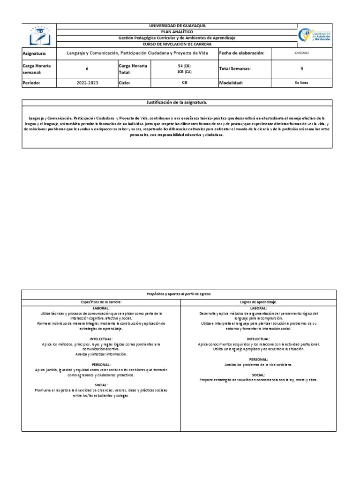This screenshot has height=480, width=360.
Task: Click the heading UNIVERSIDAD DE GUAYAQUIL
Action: (177, 26)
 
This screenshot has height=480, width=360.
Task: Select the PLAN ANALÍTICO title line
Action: (177, 31)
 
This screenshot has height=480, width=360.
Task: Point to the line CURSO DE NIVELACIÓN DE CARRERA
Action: (177, 44)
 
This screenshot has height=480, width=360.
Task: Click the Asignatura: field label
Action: (35, 53)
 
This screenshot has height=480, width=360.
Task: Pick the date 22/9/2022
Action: (301, 53)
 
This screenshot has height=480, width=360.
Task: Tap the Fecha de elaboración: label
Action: (242, 53)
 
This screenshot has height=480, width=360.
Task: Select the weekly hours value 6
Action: (87, 68)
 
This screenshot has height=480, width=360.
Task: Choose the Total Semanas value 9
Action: (301, 68)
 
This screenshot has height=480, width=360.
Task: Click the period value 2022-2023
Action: (87, 82)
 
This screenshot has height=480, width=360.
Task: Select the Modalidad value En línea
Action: (301, 82)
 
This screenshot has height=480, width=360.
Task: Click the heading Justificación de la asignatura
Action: (177, 102)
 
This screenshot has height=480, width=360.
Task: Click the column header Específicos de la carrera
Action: (101, 302)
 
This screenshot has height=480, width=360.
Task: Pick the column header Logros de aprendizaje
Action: (258, 302)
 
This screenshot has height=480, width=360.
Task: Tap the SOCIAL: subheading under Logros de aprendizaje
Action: (258, 375)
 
